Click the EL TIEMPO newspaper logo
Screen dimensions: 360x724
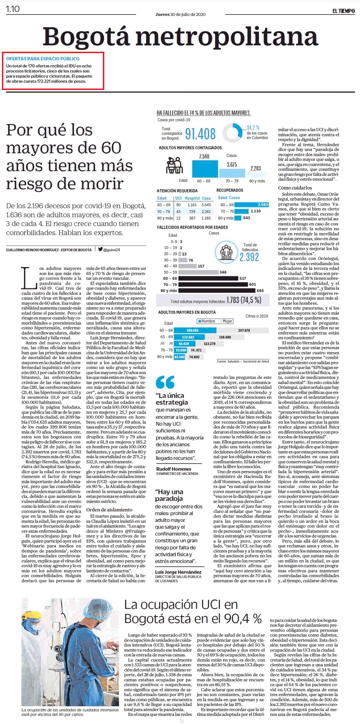coord(343,11)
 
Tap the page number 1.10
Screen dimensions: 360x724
coord(13,9)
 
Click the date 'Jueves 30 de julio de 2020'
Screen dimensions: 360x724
coord(180,14)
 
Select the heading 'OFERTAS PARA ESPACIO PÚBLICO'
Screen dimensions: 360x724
coord(43,59)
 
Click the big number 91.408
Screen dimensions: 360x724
coord(200,134)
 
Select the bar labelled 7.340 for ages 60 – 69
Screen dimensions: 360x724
coord(205,168)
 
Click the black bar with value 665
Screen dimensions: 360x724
coord(217,290)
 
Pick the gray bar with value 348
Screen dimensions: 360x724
coord(198,272)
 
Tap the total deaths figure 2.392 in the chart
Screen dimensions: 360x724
coord(249,257)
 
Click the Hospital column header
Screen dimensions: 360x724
coord(192,198)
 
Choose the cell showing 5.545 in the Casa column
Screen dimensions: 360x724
coord(206,205)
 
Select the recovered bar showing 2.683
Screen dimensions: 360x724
coord(252,205)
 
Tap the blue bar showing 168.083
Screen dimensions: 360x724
coord(195,330)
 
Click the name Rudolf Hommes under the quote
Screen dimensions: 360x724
coord(174,469)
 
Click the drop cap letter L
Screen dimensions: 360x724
coord(29,278)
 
